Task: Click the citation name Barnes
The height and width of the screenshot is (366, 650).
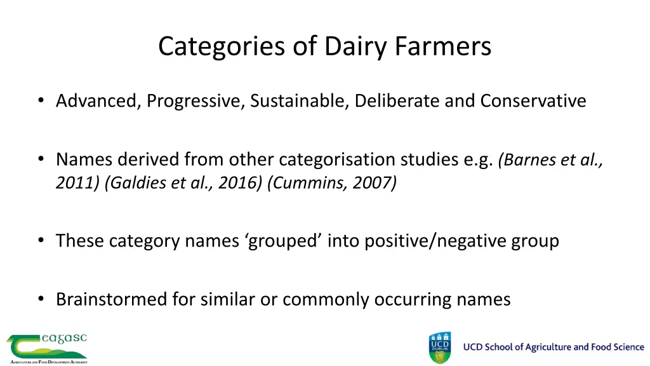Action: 529,159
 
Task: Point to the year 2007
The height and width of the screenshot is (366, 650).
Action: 373,184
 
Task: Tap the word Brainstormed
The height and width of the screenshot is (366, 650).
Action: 111,299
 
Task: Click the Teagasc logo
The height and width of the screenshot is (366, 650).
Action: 47,348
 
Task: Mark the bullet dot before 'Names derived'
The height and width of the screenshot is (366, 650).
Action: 41,159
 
